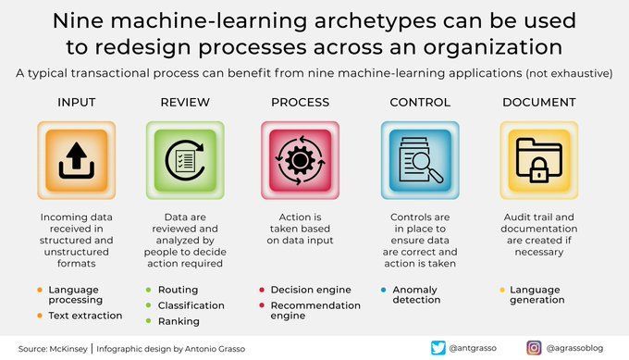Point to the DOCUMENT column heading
(539, 102)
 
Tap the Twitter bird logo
(438, 348)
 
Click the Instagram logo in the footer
(534, 348)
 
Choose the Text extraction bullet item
(85, 316)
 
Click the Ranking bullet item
(178, 320)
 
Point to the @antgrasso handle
(478, 348)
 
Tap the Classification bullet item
(191, 304)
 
